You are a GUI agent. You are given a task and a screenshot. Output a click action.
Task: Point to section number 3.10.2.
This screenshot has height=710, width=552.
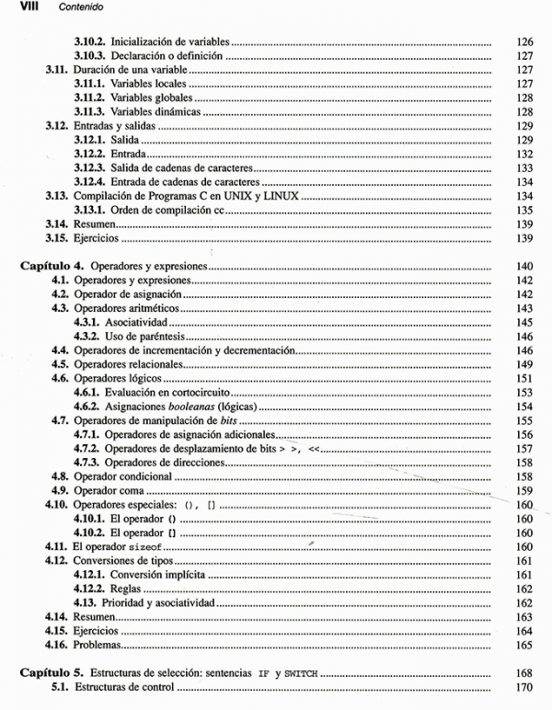point(92,42)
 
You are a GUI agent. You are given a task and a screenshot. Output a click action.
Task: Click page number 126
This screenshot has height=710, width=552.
point(525,42)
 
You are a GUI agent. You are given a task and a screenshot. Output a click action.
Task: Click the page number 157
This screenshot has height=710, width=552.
point(525,448)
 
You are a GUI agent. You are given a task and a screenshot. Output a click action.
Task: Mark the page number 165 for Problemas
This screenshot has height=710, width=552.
point(525,645)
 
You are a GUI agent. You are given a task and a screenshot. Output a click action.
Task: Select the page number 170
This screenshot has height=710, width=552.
point(525,687)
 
